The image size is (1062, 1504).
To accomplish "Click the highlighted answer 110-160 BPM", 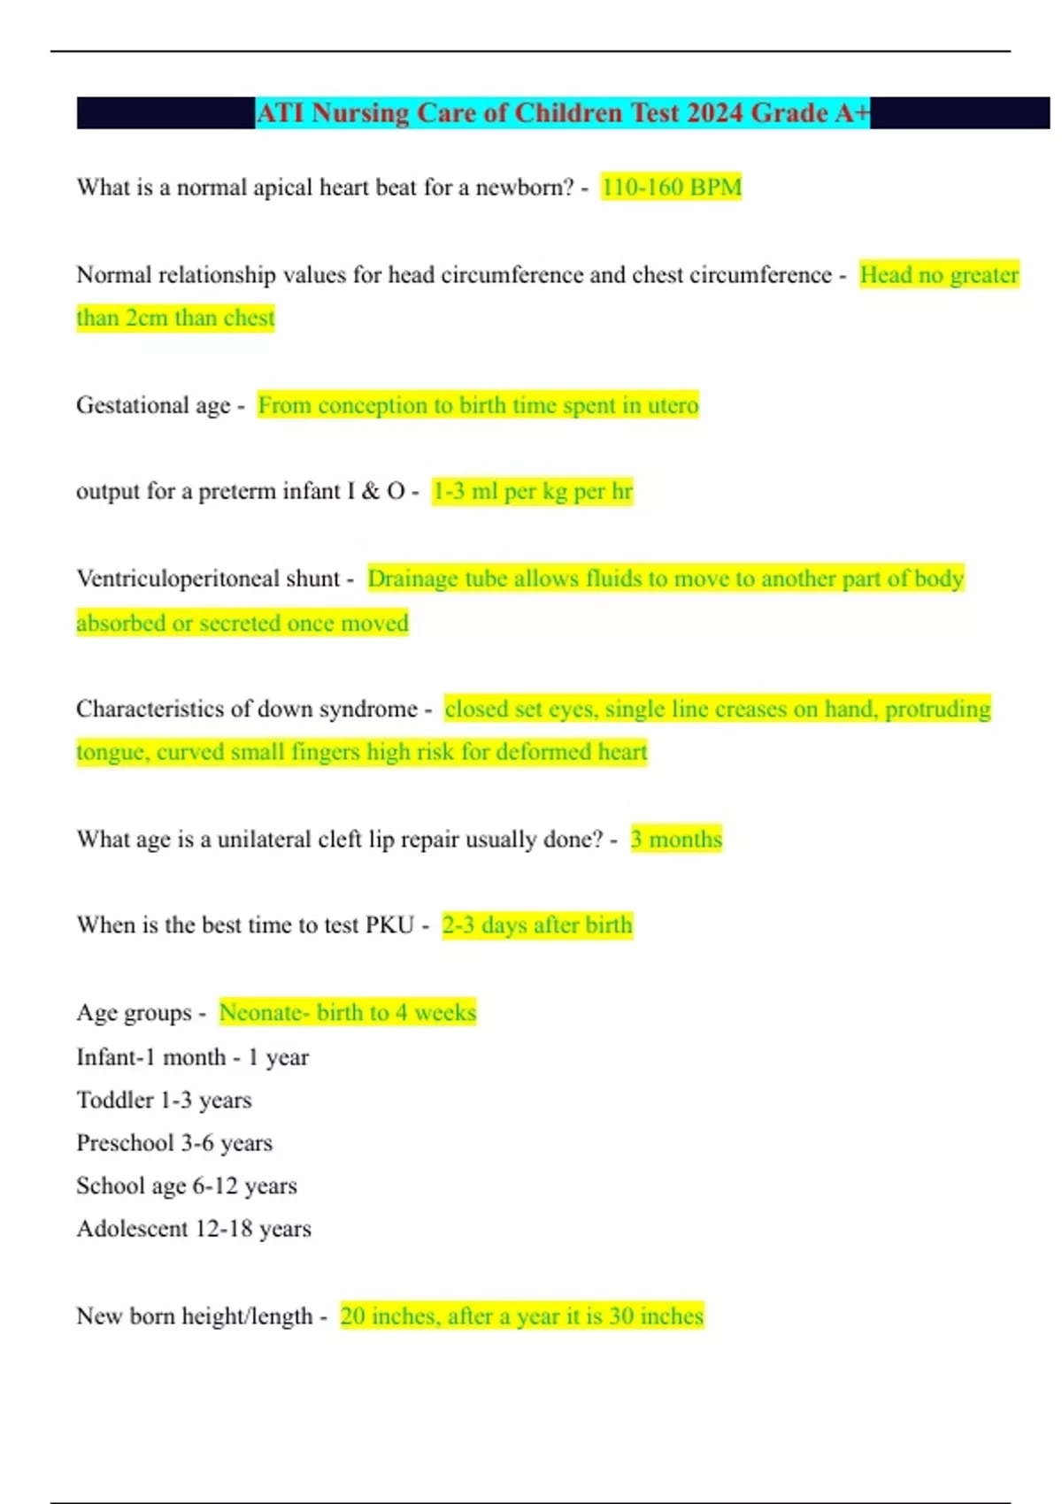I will coord(671,188).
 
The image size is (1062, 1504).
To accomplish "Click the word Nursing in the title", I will coord(360,113).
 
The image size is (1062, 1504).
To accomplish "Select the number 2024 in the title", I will coord(714,113).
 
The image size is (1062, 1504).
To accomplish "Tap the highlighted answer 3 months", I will coord(676,839).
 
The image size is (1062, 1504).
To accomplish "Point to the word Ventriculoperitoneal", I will coord(208,579).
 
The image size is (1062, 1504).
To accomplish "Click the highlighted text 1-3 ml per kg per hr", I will coord(532,491).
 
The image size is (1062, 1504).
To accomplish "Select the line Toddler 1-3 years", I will coord(164,1100).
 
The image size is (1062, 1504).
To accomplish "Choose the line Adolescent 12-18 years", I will coord(193,1229).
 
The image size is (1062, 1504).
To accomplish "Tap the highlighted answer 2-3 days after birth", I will coord(537,925).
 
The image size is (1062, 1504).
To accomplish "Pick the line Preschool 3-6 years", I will coord(173,1143).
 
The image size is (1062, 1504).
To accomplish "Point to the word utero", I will coord(673,405).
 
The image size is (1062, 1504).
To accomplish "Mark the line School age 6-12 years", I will coord(186,1186).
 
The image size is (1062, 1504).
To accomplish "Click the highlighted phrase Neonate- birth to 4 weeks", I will coord(347,1012).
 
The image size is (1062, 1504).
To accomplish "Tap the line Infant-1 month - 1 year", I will coord(192,1057).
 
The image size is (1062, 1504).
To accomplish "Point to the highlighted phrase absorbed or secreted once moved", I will coord(242,623).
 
